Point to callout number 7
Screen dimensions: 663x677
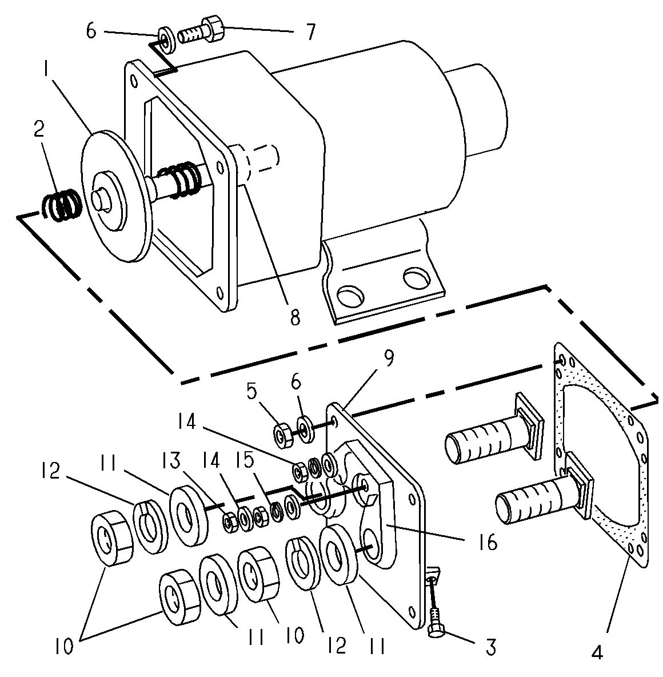[x=310, y=31]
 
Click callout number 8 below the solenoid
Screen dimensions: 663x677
[x=295, y=317]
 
